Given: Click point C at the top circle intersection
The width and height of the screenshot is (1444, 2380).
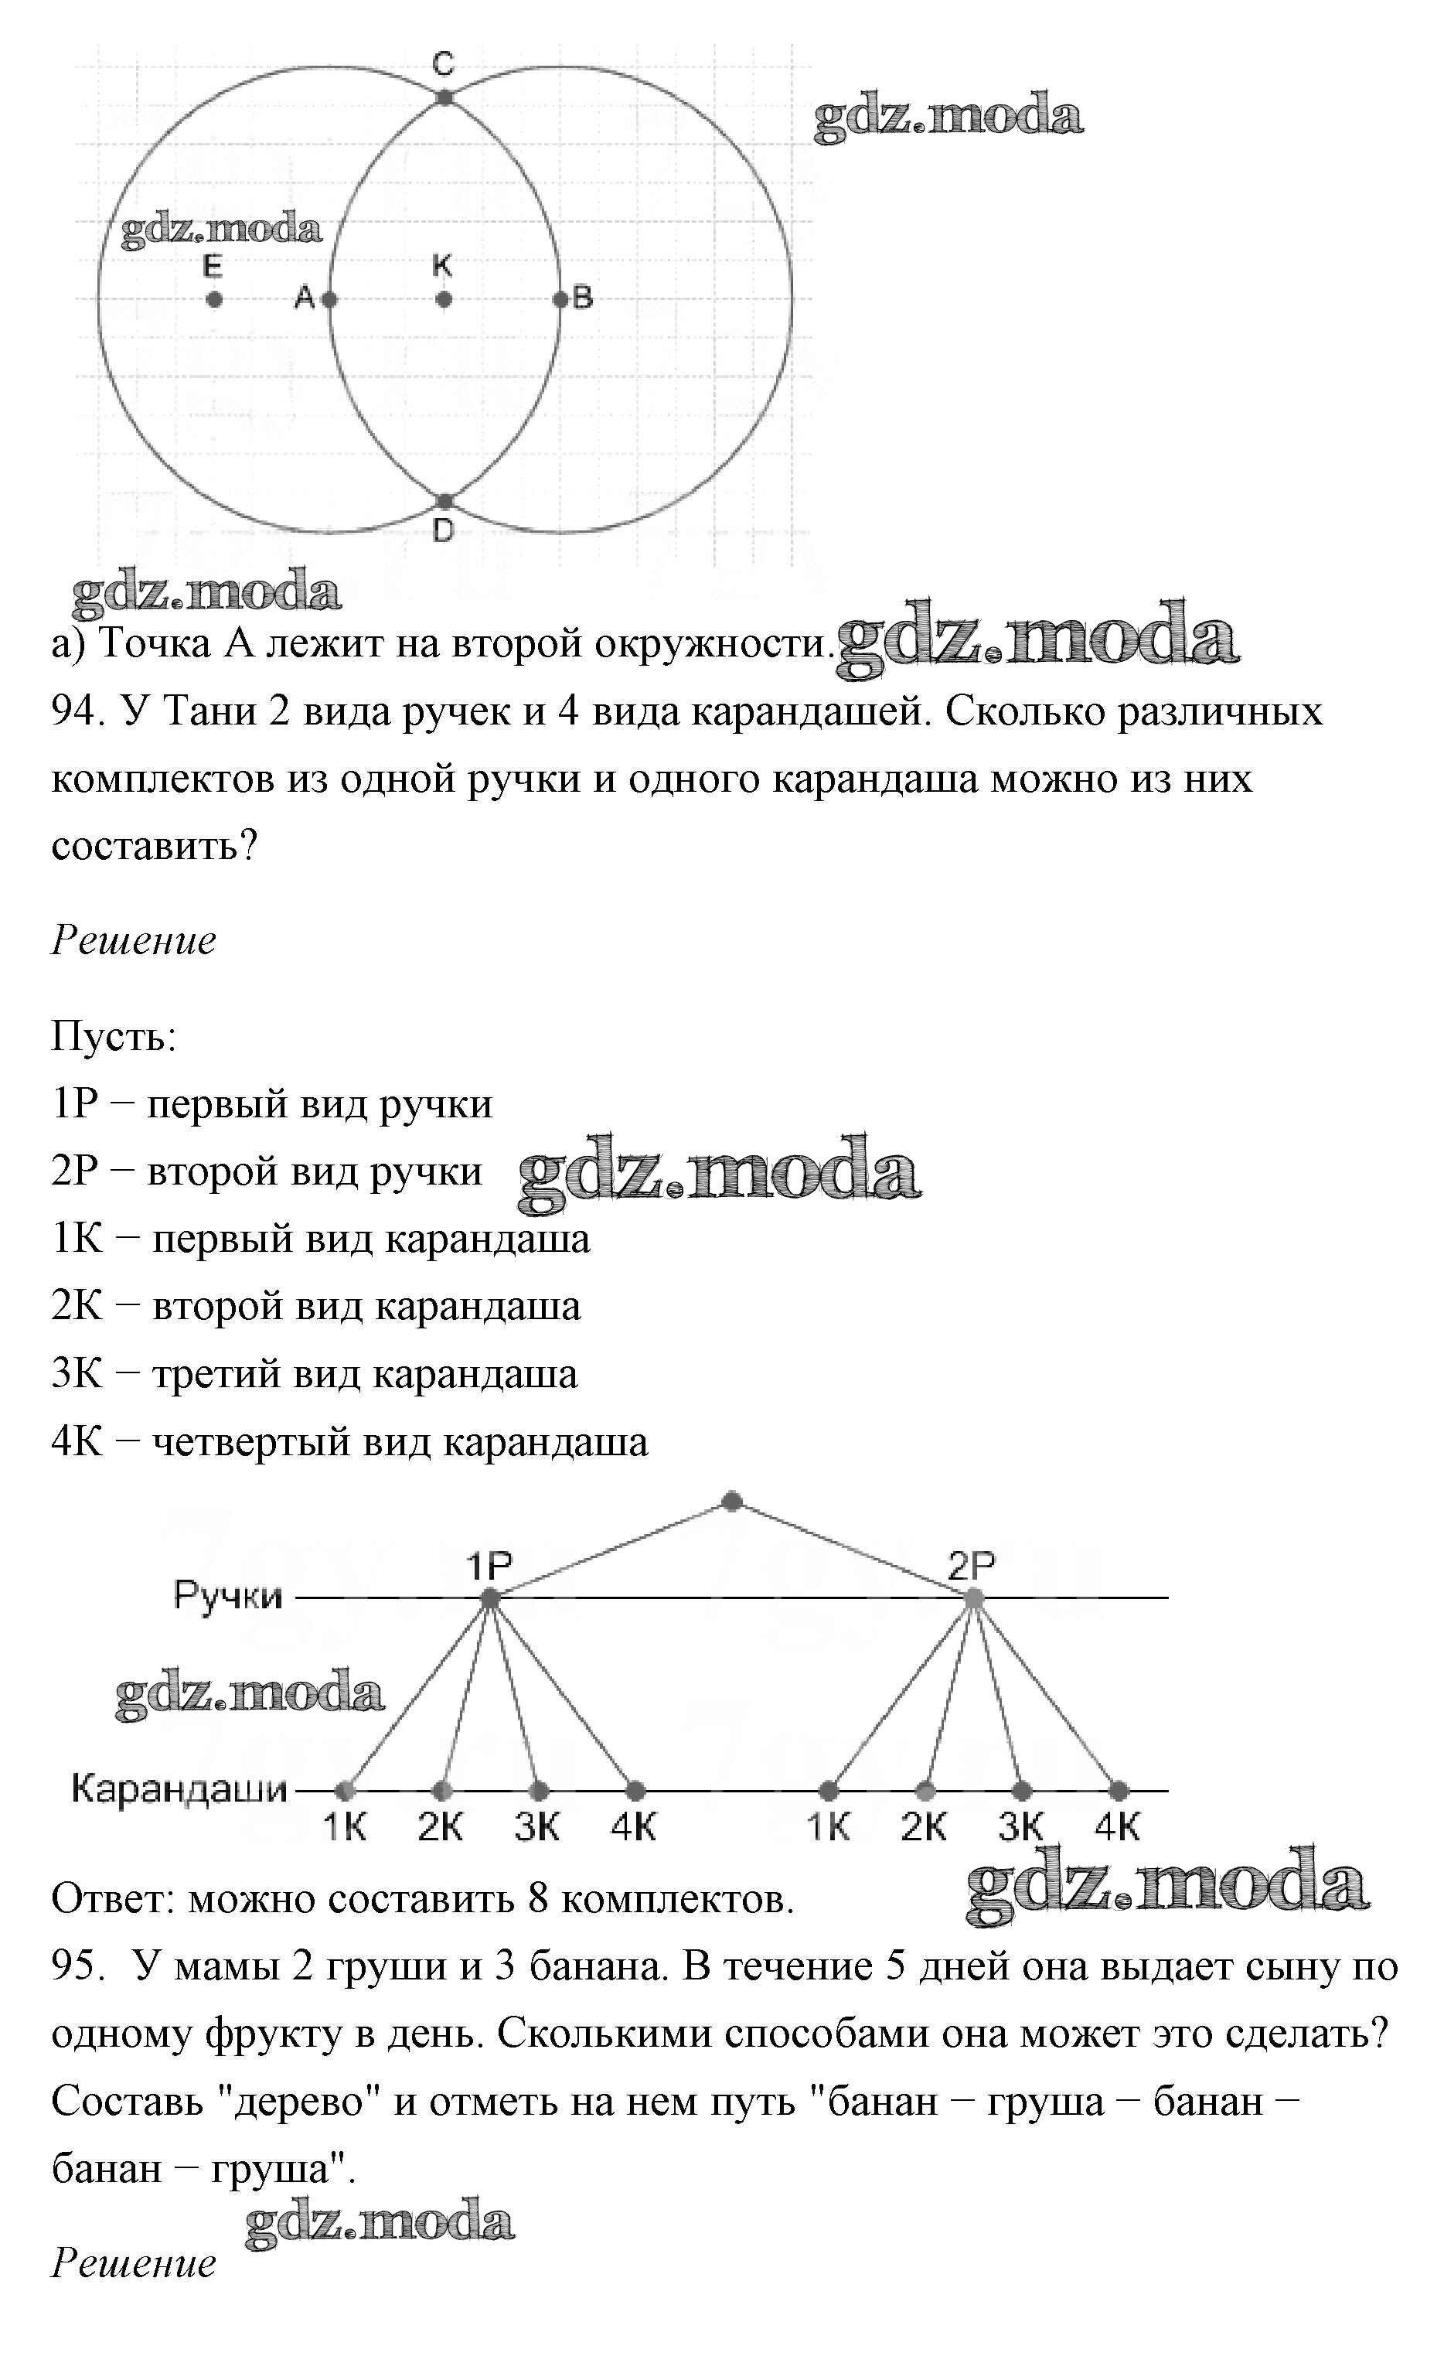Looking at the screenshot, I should (444, 97).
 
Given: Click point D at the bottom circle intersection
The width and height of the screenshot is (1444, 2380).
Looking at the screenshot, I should (444, 501).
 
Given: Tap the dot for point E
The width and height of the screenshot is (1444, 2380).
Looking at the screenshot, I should (213, 299).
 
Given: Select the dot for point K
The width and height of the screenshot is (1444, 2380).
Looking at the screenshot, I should (444, 299).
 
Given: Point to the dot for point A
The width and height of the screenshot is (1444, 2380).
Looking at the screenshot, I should (329, 299).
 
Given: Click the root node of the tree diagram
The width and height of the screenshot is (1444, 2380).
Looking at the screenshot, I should (731, 1502).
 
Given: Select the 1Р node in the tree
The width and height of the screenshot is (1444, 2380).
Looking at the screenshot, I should (489, 1598).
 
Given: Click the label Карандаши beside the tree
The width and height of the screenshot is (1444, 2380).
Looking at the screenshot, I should (179, 1788).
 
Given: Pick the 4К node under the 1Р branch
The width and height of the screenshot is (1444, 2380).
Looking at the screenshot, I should (635, 1792).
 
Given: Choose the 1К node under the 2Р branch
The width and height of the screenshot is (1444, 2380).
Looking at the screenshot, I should (828, 1792).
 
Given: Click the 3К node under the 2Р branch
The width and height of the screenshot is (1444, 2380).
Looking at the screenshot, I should (1021, 1792).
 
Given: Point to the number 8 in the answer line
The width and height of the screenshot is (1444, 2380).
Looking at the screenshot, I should (538, 1899).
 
